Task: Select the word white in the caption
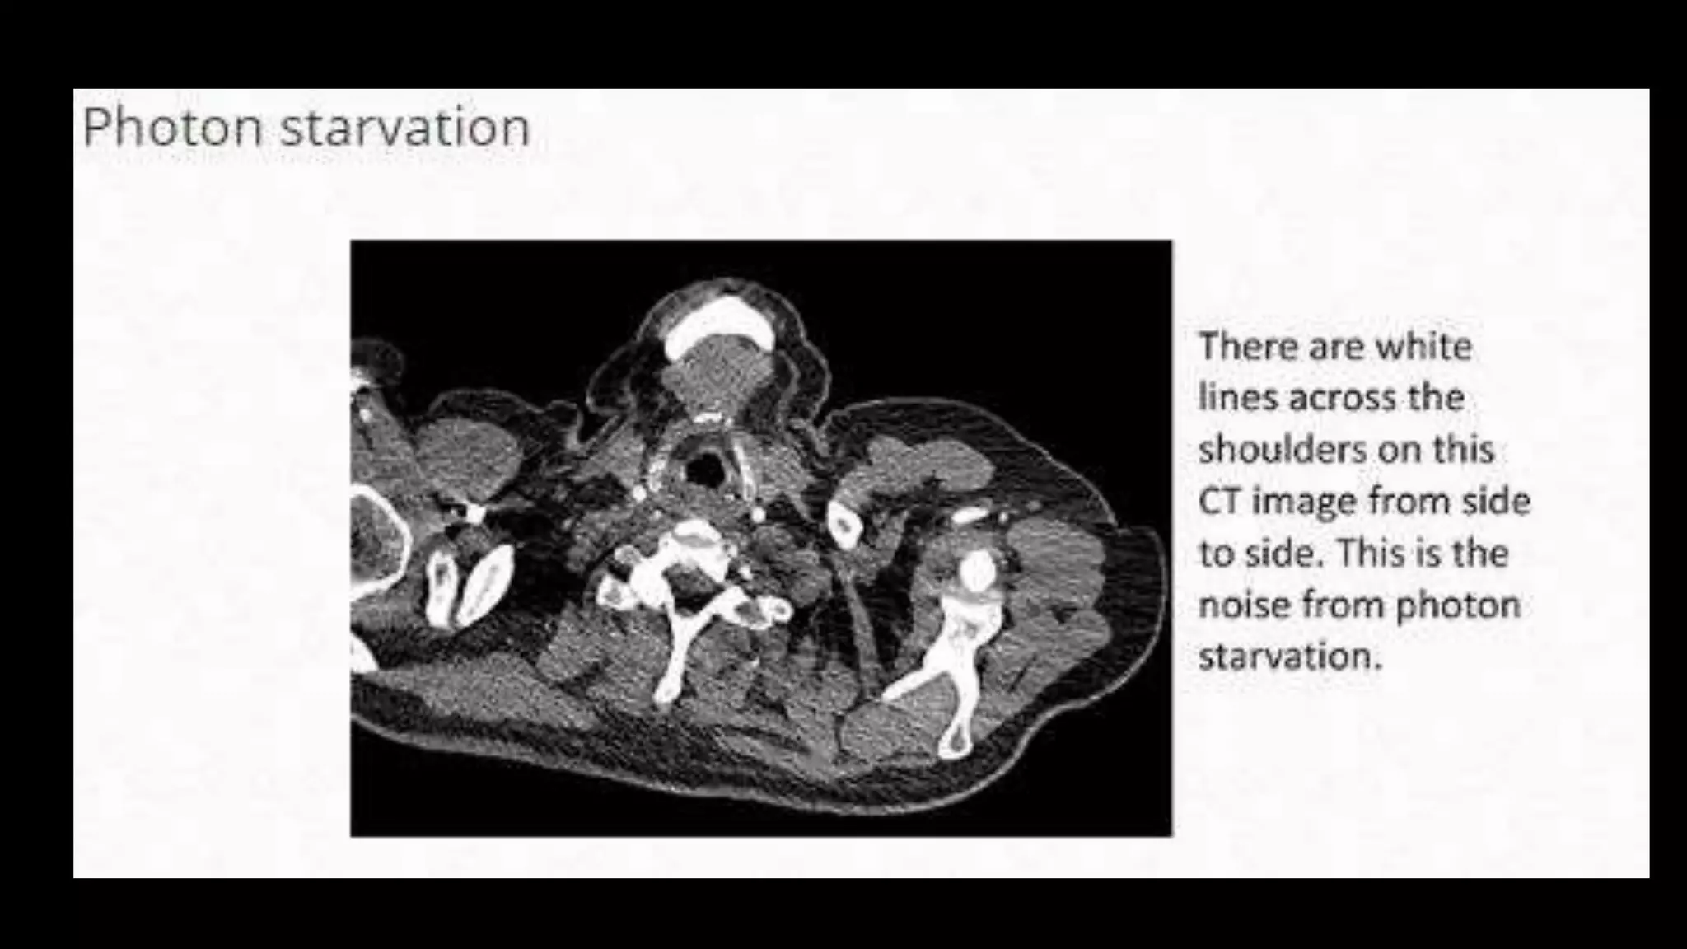click(x=1424, y=346)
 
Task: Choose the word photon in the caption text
click(x=1458, y=605)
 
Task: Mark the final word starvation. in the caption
click(x=1289, y=657)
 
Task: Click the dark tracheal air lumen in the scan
click(x=704, y=470)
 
